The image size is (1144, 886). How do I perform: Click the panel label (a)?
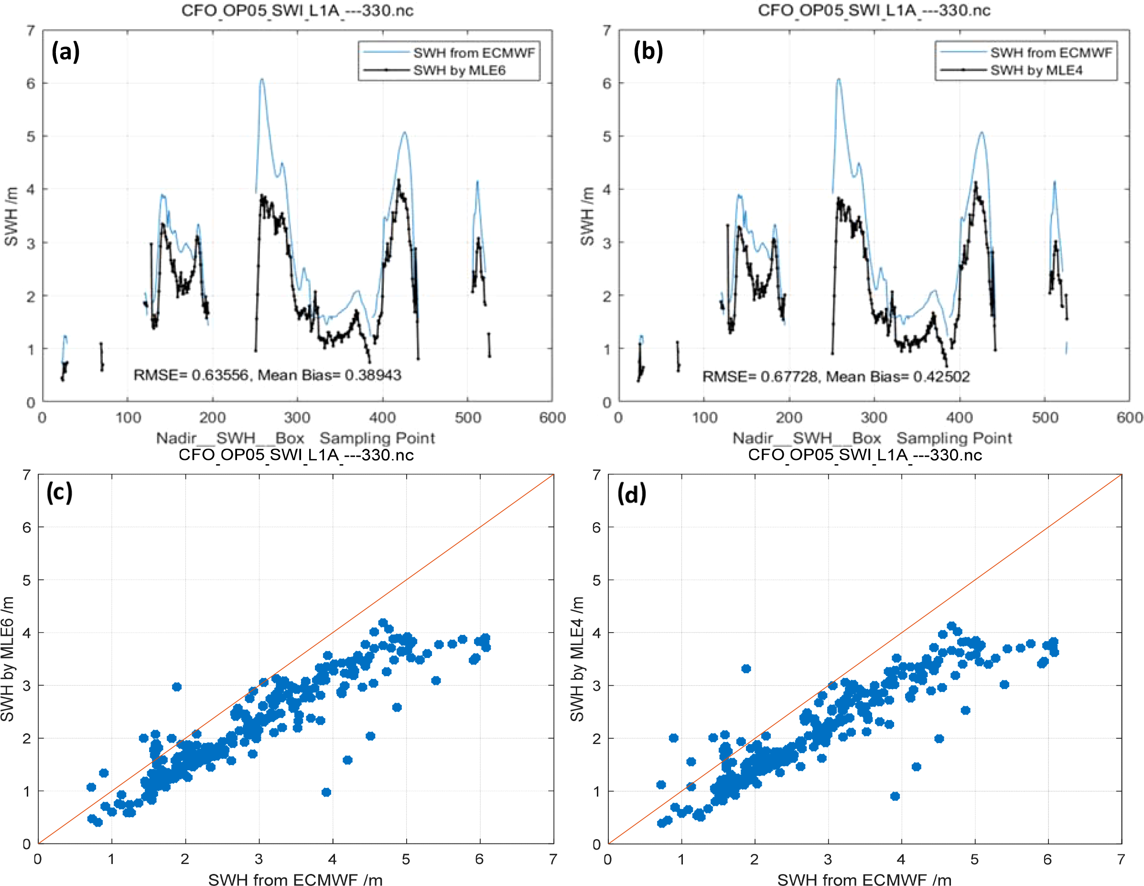click(65, 52)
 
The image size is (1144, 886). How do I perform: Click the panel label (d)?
click(632, 494)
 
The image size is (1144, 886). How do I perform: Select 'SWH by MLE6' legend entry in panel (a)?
click(459, 70)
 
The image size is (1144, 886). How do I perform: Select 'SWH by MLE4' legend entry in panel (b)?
click(1036, 70)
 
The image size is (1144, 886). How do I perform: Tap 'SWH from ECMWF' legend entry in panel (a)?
click(474, 53)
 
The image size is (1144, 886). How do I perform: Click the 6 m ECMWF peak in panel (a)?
click(261, 80)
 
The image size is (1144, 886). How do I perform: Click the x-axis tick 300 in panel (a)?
click(297, 418)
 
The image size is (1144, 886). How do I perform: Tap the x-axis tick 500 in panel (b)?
click(1045, 418)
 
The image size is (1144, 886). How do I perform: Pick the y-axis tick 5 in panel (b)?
click(606, 136)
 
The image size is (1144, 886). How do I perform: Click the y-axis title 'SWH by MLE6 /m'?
click(7, 658)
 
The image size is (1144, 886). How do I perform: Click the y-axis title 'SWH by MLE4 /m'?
click(577, 658)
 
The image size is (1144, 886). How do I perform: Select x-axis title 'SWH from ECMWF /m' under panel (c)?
click(295, 879)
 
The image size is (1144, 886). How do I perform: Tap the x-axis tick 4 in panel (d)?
click(901, 859)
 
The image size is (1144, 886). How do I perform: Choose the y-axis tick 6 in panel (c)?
click(27, 527)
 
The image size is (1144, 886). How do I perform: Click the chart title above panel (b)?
click(874, 10)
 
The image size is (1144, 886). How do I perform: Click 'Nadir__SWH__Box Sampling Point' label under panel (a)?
click(295, 438)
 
